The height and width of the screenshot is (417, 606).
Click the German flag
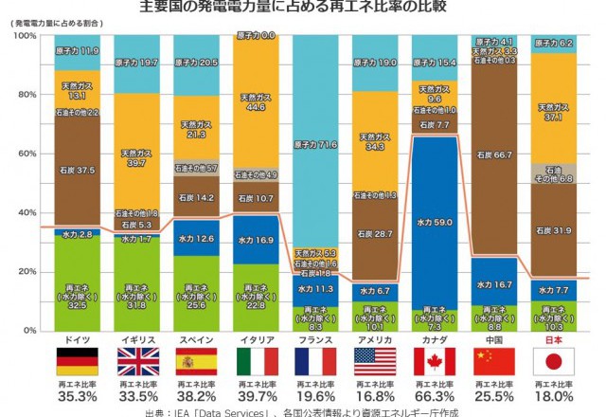click(x=77, y=361)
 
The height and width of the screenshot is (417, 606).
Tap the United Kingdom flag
click(x=136, y=361)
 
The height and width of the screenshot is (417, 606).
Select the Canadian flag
click(x=435, y=361)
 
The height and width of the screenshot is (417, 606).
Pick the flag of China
click(x=493, y=361)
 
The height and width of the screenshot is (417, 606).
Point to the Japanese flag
click(x=553, y=361)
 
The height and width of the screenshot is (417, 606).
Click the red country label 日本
click(x=553, y=339)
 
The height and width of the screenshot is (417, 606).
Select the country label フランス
click(x=315, y=339)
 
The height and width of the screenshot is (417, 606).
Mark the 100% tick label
click(x=24, y=36)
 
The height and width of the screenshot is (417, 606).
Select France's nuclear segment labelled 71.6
click(x=315, y=144)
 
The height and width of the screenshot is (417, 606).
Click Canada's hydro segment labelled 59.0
click(x=435, y=222)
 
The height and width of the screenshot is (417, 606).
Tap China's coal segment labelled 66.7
click(x=494, y=154)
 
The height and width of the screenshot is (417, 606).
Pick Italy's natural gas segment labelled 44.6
click(x=256, y=103)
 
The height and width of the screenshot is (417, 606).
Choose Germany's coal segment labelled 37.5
click(x=77, y=171)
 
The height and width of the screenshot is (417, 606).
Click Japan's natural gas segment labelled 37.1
click(x=554, y=112)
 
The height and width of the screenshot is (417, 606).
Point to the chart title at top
click(x=303, y=9)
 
